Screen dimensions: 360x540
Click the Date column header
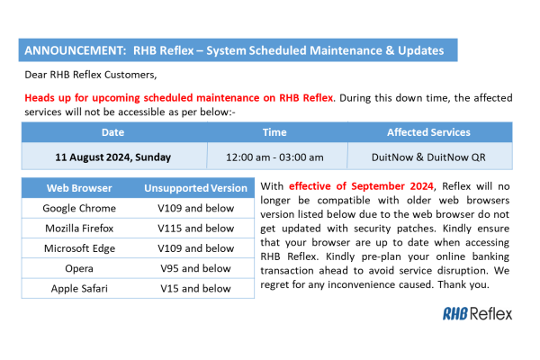113,132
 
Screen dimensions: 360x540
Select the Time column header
274,132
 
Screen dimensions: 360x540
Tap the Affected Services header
428,132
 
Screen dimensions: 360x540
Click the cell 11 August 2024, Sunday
113,156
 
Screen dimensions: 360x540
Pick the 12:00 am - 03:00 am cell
274,156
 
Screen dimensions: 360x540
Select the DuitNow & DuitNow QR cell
428,156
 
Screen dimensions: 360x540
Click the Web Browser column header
79,188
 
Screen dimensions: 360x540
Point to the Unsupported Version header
196,188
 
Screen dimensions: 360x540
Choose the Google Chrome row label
79,208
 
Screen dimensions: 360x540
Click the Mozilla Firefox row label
79,228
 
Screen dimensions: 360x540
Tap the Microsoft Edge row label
79,248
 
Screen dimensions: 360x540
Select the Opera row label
79,268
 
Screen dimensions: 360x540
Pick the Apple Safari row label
79,288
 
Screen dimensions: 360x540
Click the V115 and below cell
196,228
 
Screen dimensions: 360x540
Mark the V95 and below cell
196,268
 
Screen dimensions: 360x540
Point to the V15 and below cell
196,288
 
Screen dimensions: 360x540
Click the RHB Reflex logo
477,313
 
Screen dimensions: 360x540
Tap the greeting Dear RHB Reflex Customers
86,75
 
